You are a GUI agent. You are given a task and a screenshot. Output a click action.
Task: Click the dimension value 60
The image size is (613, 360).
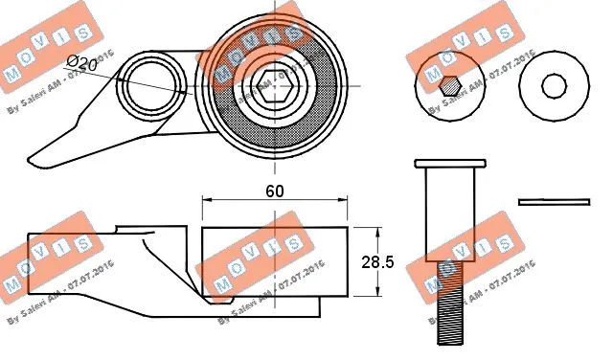(x=274, y=191)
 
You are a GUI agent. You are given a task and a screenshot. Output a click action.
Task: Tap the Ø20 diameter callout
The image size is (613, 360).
(x=82, y=65)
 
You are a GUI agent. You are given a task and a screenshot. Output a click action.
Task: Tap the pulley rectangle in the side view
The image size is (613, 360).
(x=274, y=264)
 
